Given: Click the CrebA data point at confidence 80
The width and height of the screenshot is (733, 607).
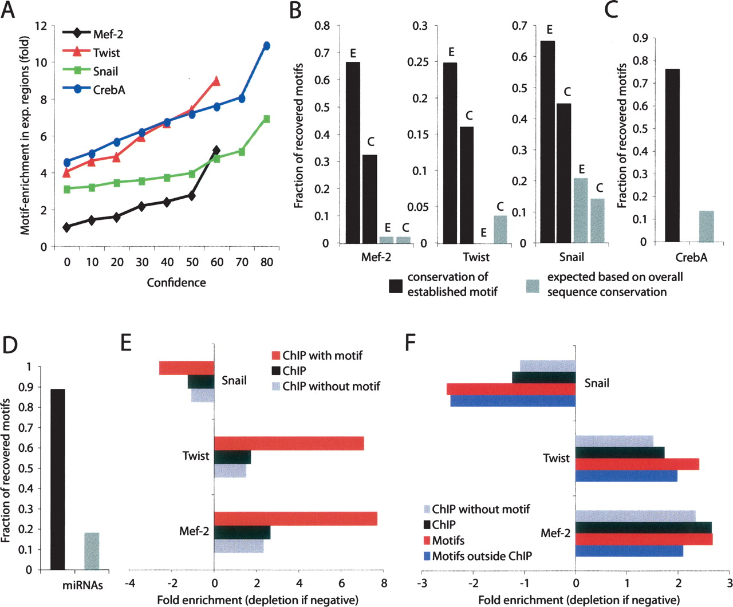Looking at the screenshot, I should pyautogui.click(x=266, y=46).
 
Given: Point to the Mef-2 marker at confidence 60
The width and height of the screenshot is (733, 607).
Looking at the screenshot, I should pyautogui.click(x=216, y=151).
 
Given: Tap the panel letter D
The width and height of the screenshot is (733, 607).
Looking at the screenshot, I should pyautogui.click(x=10, y=345).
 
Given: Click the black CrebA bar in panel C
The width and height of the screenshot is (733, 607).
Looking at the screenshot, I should pyautogui.click(x=672, y=155).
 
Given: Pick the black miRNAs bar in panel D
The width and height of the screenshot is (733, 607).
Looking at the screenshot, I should pyautogui.click(x=58, y=479).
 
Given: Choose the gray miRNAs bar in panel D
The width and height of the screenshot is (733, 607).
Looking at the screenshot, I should pyautogui.click(x=92, y=551).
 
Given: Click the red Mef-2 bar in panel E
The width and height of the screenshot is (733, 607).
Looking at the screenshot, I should pyautogui.click(x=295, y=518).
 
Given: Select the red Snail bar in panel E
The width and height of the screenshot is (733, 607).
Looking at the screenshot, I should pyautogui.click(x=187, y=368).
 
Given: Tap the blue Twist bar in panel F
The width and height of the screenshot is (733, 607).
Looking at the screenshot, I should pyautogui.click(x=626, y=476).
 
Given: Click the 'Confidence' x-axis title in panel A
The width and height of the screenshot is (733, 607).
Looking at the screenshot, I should pyautogui.click(x=176, y=282).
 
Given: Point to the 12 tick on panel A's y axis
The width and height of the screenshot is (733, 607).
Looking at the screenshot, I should pyautogui.click(x=41, y=26).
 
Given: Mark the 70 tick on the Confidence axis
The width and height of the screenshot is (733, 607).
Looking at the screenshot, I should pyautogui.click(x=242, y=262).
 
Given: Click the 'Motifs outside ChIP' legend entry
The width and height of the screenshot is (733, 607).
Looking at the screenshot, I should pyautogui.click(x=482, y=555).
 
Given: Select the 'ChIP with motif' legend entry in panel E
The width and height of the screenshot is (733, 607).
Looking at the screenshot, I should pyautogui.click(x=322, y=356).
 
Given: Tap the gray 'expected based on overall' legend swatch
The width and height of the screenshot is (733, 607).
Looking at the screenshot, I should pyautogui.click(x=533, y=285).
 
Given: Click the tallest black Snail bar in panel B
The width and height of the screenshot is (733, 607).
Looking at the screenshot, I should pyautogui.click(x=547, y=142).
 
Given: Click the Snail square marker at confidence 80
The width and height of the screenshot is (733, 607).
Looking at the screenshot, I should pyautogui.click(x=266, y=119).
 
